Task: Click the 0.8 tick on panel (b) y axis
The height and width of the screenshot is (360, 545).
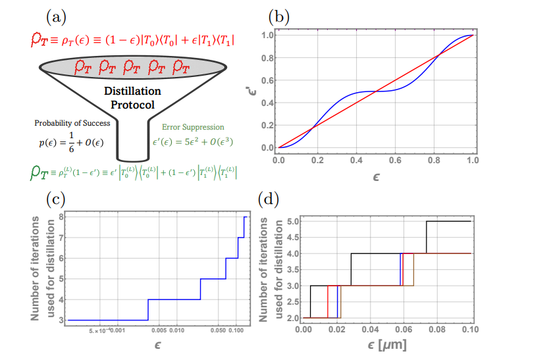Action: (x=267, y=58)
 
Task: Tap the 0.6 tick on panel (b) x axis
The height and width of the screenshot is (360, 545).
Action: (x=395, y=160)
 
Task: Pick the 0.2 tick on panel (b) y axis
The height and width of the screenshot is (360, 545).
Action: (x=267, y=125)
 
